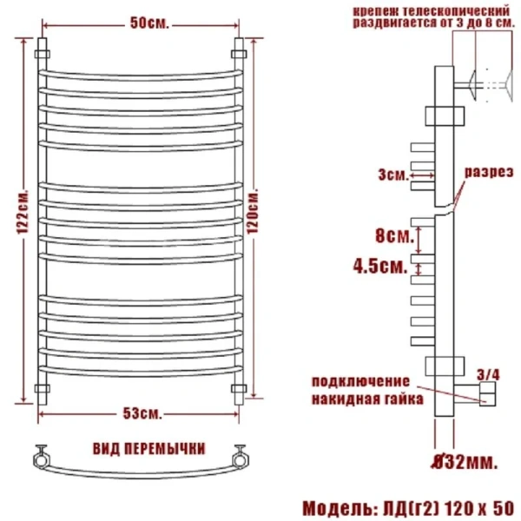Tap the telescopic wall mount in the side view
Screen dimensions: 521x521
tap(478, 85)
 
